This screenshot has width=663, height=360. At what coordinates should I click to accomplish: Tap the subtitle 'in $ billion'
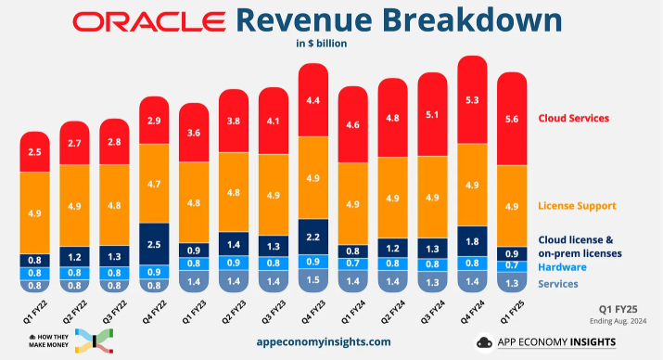click(331, 43)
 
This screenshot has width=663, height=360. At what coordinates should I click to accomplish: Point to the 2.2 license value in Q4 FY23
click(313, 238)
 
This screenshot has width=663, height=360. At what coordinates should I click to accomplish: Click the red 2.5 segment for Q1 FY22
click(35, 151)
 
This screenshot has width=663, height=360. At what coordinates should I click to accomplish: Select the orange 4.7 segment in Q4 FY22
click(155, 184)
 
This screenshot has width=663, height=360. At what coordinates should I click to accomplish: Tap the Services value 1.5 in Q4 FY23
click(313, 280)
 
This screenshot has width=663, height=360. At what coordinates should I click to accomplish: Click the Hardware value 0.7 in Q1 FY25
click(512, 265)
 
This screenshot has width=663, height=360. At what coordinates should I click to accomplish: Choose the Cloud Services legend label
click(574, 119)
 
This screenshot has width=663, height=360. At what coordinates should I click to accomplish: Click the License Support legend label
click(578, 204)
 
